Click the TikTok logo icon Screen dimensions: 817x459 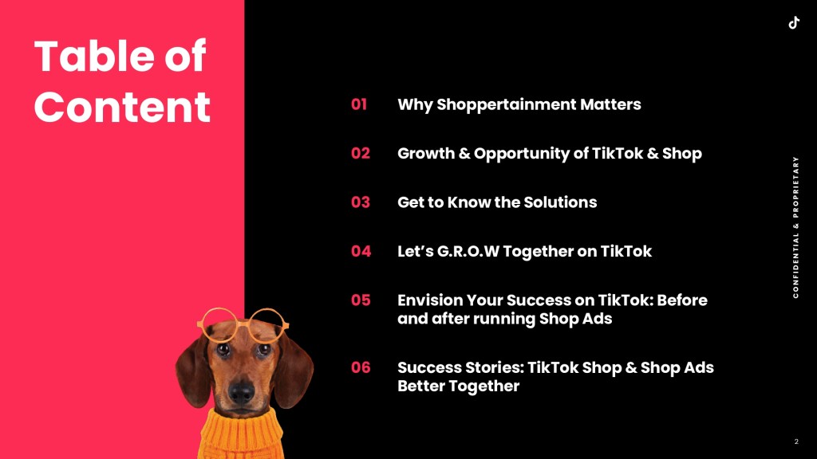[794, 23]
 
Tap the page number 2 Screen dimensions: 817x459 [796, 441]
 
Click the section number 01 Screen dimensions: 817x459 [359, 104]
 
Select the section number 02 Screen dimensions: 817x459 [360, 153]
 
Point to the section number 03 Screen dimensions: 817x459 [360, 202]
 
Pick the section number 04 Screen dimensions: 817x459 [361, 251]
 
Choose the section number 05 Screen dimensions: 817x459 [360, 300]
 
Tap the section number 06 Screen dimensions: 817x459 [361, 367]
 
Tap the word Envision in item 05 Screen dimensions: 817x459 [430, 300]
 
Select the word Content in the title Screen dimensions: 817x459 [122, 107]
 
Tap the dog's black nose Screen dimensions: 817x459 [241, 391]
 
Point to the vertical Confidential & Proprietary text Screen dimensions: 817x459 [795, 227]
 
